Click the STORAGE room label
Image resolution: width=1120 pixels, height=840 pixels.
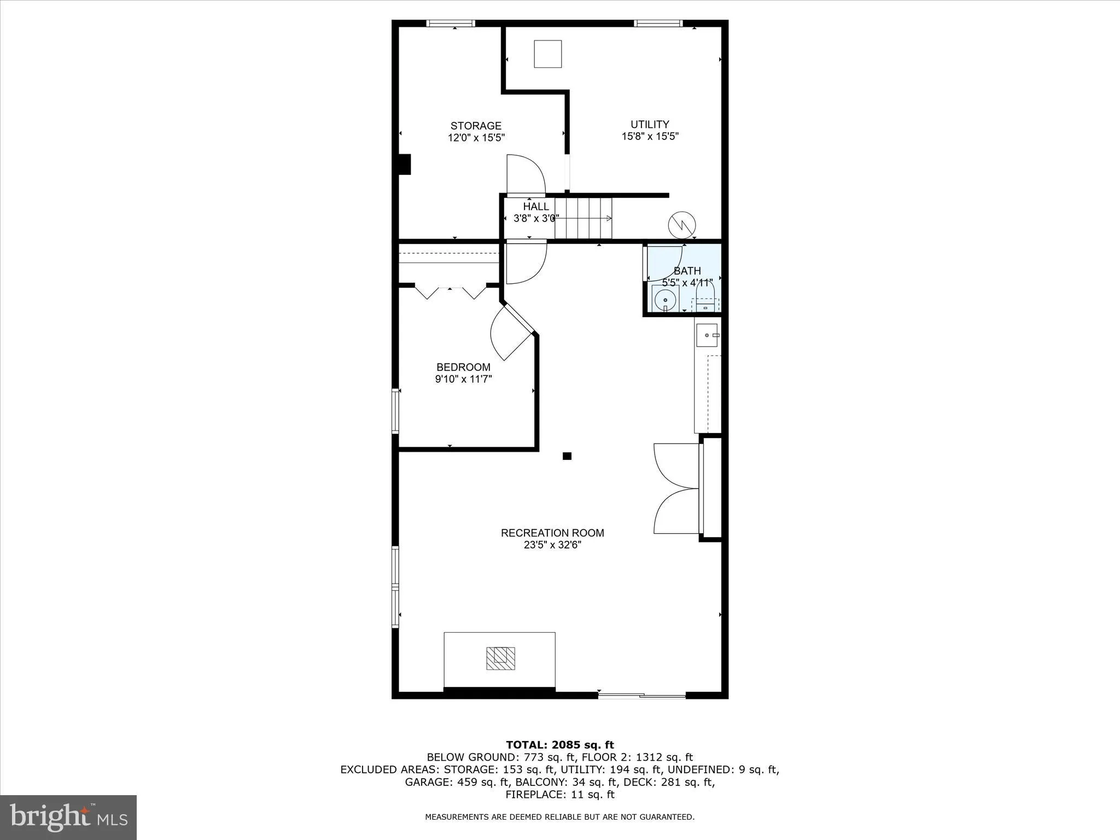(476, 126)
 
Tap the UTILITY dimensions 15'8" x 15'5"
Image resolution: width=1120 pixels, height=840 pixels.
(650, 136)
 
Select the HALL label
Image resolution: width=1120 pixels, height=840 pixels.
(535, 206)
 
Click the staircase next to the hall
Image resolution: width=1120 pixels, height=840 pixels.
(583, 218)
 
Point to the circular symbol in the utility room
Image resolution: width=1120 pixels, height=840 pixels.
(682, 224)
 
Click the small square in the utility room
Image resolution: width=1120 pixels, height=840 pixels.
(547, 54)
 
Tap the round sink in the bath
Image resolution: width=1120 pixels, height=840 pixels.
(665, 299)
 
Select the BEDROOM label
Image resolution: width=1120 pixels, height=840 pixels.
(463, 367)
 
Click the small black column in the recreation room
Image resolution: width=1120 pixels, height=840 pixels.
(567, 456)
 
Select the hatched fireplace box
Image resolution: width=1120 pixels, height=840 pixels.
(500, 658)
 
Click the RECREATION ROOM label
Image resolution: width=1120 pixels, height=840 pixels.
(552, 533)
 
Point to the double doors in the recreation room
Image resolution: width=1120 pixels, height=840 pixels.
(676, 488)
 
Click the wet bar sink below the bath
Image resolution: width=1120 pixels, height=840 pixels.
(707, 335)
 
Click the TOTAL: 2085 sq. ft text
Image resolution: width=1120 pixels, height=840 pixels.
(559, 745)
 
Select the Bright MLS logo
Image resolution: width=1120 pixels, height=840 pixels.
(68, 817)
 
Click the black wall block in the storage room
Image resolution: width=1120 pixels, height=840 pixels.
(404, 165)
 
